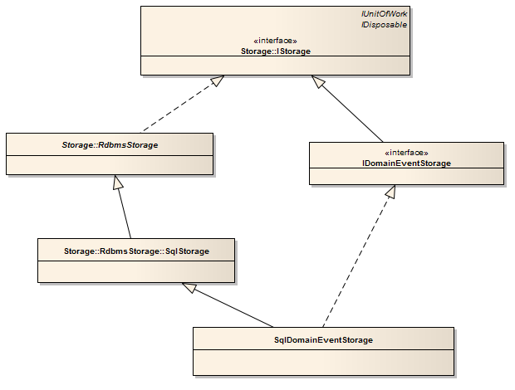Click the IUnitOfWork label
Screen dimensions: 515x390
coord(384,14)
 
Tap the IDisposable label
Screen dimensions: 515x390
coord(384,25)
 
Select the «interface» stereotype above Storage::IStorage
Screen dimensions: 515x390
coord(275,41)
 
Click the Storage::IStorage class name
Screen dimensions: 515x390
coord(276,51)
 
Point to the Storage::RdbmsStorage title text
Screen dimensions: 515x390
coord(110,145)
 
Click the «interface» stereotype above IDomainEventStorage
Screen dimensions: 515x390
coord(407,153)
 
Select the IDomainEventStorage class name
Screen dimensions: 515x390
coord(407,163)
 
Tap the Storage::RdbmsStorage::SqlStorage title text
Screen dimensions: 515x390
coord(136,251)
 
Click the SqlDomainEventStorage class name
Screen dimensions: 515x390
coord(323,340)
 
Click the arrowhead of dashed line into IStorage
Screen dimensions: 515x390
coord(218,80)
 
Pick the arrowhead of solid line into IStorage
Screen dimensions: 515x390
coord(317,81)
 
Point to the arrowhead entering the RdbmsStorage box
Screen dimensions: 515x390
coord(118,182)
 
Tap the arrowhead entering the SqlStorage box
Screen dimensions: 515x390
coord(189,287)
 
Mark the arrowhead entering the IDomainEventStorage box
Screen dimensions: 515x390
coord(391,191)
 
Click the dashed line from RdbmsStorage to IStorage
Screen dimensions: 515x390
coord(182,104)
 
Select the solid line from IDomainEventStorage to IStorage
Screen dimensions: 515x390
coord(347,109)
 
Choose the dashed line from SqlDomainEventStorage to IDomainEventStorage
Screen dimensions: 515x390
coord(359,256)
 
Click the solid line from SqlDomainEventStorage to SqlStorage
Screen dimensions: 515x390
coord(228,305)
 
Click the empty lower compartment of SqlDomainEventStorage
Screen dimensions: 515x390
coord(323,363)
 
